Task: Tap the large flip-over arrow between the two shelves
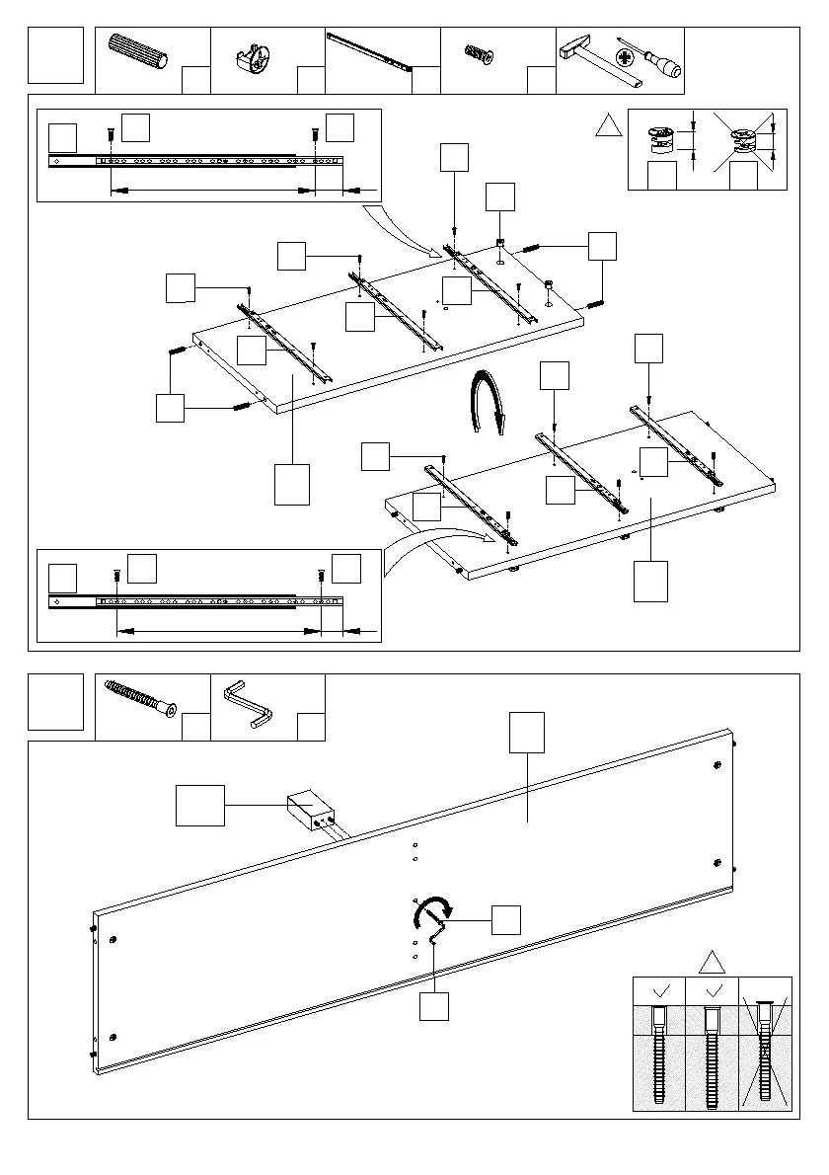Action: click(488, 400)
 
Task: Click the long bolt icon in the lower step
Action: click(143, 699)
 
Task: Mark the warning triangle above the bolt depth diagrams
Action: click(712, 961)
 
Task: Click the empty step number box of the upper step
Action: click(56, 56)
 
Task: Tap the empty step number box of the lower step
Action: click(56, 702)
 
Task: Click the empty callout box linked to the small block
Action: click(200, 805)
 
